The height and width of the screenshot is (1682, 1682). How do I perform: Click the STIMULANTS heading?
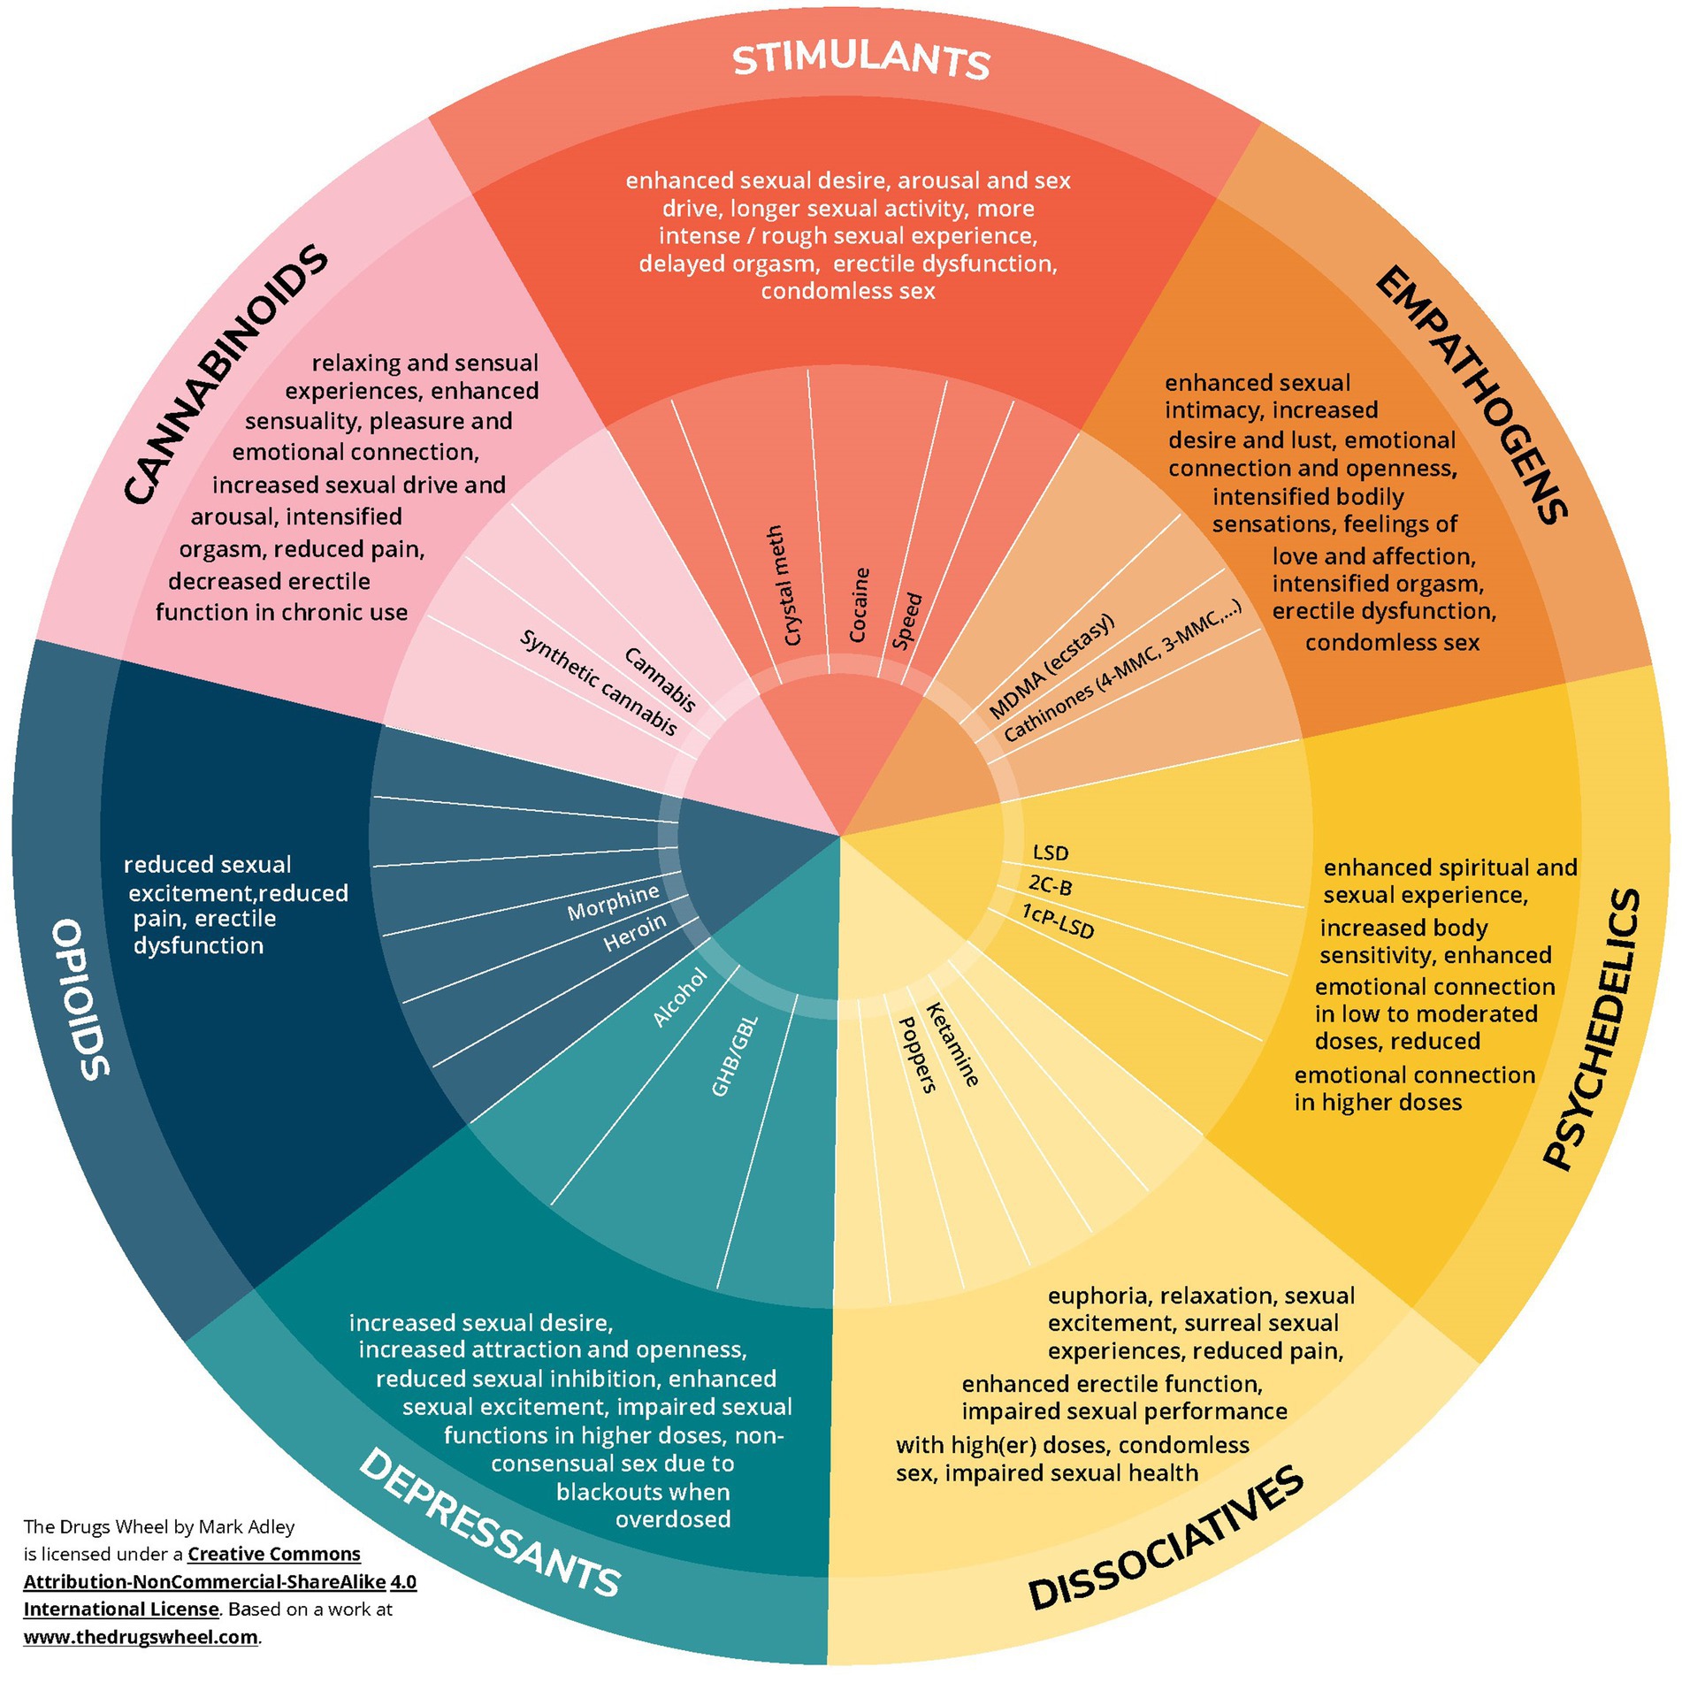[x=860, y=60]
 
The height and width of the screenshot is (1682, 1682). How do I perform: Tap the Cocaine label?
[x=859, y=605]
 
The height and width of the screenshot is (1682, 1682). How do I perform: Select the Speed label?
[x=906, y=621]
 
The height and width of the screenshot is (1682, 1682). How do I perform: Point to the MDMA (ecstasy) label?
[x=1051, y=666]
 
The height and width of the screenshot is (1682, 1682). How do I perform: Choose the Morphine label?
[x=613, y=900]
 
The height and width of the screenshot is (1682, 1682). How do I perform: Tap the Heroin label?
[x=634, y=933]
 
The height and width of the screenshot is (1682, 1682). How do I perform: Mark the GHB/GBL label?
[x=734, y=1057]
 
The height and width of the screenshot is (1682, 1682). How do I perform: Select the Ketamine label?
[x=952, y=1044]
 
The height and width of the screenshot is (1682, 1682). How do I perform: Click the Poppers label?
[x=917, y=1054]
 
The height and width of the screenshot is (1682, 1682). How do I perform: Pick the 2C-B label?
[x=1050, y=884]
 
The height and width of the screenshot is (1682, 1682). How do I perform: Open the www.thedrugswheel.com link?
[x=141, y=1637]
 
